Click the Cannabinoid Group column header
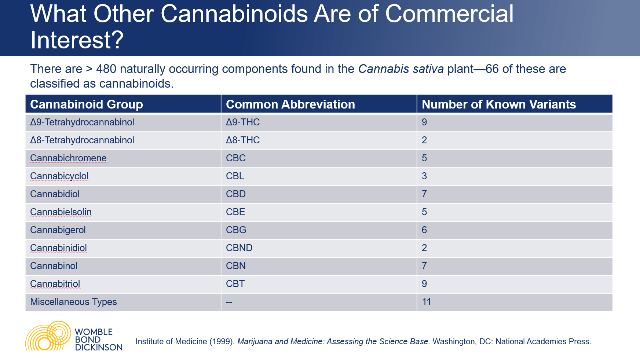tap(87, 104)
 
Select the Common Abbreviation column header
tap(290, 104)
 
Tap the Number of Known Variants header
tap(498, 104)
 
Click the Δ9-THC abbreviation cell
tap(242, 122)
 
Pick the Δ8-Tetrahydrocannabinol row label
tap(82, 140)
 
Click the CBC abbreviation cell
tap(235, 158)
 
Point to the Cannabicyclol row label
tap(59, 176)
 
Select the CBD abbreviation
tap(235, 194)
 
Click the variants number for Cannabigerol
tap(424, 230)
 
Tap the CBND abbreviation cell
tap(239, 248)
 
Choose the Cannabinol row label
tap(54, 266)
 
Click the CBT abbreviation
tap(235, 284)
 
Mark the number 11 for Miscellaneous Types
tap(426, 302)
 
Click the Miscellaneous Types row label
tap(73, 302)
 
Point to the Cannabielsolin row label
tap(61, 212)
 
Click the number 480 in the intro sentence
tap(106, 69)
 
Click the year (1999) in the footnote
tap(222, 342)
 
